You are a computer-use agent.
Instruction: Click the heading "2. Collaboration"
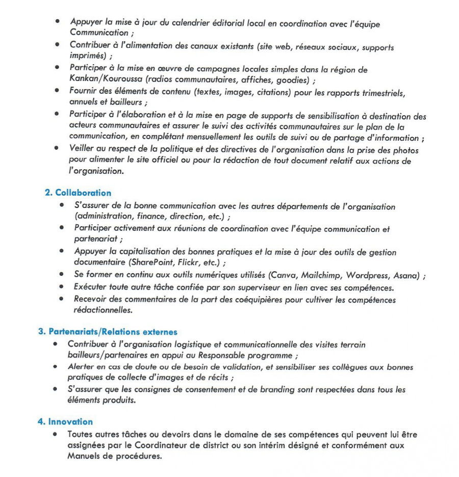pyautogui.click(x=78, y=193)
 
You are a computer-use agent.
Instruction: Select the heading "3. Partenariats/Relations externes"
pyautogui.click(x=108, y=332)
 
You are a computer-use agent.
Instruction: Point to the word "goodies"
pyautogui.click(x=294, y=80)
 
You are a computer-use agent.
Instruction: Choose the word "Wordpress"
pyautogui.click(x=367, y=275)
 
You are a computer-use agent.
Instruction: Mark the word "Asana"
pyautogui.click(x=406, y=275)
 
